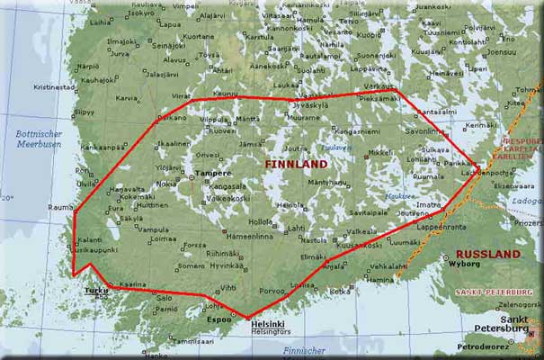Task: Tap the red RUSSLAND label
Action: click(487, 255)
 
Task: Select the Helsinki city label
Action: click(267, 324)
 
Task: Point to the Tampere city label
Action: click(214, 173)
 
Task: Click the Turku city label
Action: click(95, 291)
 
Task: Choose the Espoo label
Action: click(218, 319)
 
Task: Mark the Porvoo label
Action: click(272, 291)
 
